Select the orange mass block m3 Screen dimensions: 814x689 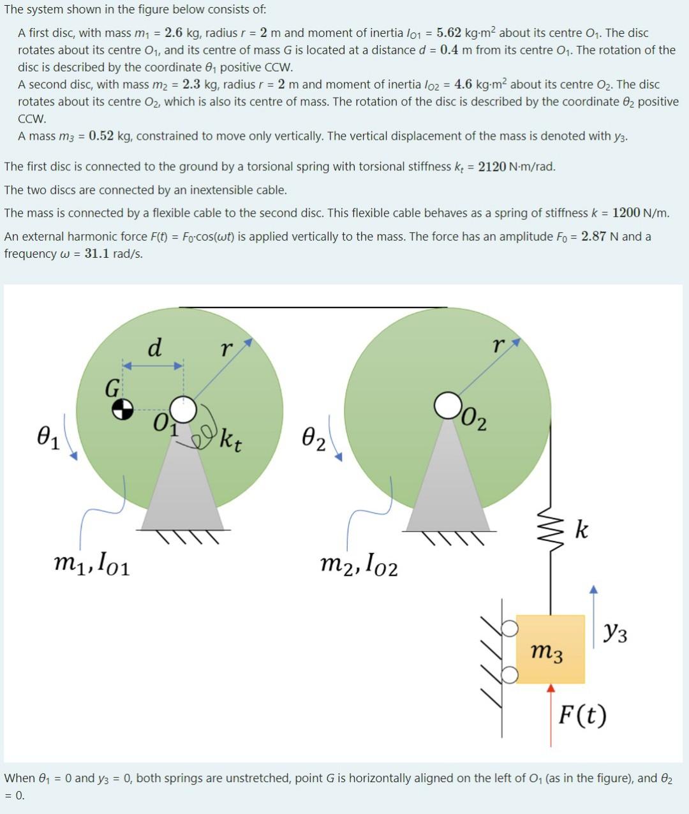click(x=550, y=649)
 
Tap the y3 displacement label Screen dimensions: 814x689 click(x=615, y=633)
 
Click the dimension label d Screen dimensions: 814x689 click(x=154, y=348)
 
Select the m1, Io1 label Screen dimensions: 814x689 click(x=92, y=563)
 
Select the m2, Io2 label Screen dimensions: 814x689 click(x=359, y=564)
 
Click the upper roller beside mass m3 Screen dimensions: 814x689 click(x=509, y=628)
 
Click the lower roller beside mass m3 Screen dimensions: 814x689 click(x=509, y=674)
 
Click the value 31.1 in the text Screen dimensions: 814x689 click(x=96, y=253)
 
